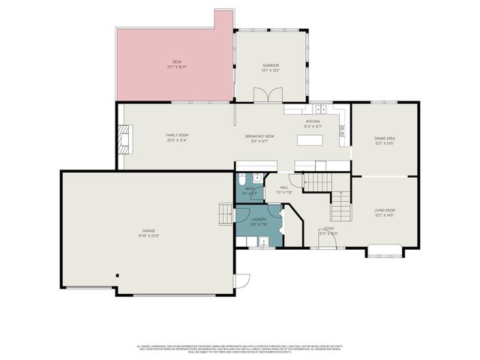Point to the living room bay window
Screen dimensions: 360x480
pyautogui.click(x=385, y=250)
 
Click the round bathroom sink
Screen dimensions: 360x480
pyautogui.click(x=256, y=178)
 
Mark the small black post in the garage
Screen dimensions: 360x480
pyautogui.click(x=117, y=275)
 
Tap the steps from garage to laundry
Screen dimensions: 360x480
pyautogui.click(x=225, y=214)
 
